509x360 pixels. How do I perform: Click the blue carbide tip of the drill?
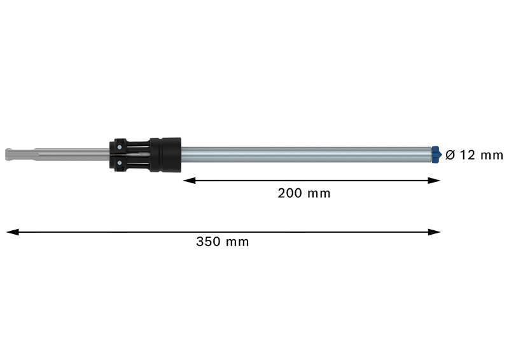click(x=436, y=155)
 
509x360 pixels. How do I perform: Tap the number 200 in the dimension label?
click(x=290, y=193)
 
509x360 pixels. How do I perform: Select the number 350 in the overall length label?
click(x=209, y=242)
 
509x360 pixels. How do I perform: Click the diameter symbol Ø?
click(x=450, y=155)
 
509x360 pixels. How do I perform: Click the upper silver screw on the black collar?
click(x=119, y=146)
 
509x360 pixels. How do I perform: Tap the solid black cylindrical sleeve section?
click(x=167, y=154)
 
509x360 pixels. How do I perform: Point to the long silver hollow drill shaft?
click(x=305, y=155)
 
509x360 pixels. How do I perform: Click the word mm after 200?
click(x=319, y=193)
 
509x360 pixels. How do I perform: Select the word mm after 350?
click(x=238, y=242)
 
